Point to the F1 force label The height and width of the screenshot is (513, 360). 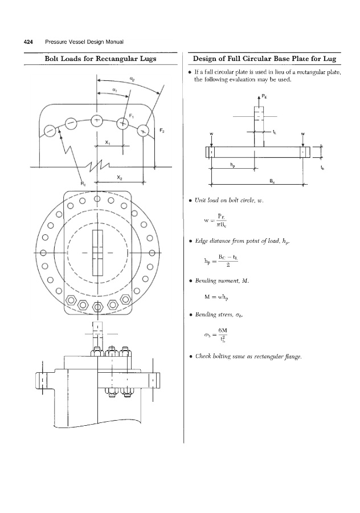pos(132,116)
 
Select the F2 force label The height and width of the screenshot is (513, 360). pos(161,131)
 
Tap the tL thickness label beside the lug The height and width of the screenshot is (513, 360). pos(275,133)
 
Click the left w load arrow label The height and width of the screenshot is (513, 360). pos(211,135)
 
